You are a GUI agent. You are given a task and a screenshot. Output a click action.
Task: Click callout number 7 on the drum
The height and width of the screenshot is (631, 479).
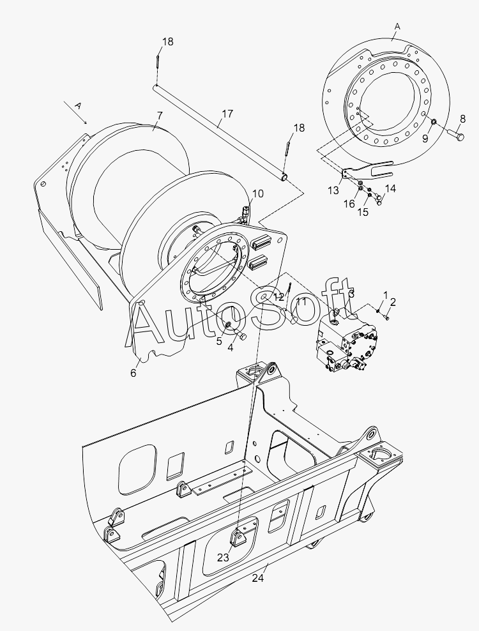160,116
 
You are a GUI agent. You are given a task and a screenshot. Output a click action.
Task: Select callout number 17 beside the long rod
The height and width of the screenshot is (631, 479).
227,115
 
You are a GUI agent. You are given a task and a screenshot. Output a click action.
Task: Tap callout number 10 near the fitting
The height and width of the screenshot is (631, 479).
257,194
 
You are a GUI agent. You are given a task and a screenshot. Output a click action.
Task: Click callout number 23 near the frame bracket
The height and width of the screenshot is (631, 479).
222,557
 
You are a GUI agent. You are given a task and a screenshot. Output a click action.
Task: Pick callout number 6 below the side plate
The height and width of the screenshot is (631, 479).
133,372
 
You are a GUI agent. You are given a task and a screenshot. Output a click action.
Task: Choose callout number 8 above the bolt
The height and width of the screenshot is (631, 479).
462,118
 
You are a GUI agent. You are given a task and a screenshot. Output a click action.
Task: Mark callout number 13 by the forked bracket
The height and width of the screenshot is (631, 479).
333,191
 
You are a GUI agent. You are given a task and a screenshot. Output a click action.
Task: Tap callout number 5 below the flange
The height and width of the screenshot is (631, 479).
219,341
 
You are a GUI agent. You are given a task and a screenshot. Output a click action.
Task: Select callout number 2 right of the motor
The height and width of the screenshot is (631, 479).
393,302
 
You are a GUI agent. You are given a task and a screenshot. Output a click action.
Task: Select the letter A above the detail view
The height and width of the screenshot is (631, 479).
397,26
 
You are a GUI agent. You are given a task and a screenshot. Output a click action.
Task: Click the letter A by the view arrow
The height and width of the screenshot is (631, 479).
78,104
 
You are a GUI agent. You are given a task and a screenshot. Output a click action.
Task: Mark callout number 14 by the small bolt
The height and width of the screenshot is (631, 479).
390,188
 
